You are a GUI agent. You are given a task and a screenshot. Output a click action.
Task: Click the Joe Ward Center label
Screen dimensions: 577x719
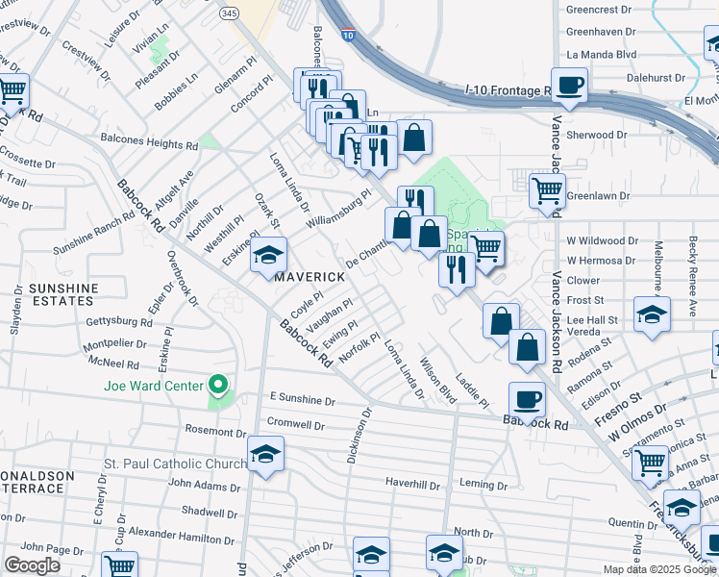154,387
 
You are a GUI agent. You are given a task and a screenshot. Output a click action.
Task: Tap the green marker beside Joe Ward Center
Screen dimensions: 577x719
218,387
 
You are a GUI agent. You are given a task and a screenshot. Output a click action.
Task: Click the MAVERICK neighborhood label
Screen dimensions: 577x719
310,277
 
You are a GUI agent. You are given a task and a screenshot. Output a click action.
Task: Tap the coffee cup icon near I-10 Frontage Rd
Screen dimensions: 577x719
570,84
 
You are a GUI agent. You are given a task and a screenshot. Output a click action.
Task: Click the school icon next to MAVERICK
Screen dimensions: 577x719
268,256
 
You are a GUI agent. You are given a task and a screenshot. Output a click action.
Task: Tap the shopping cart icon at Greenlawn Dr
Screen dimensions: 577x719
547,189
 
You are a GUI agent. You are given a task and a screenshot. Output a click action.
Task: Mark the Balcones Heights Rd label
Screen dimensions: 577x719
149,144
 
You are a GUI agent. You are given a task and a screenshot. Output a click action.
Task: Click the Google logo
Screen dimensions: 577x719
33,565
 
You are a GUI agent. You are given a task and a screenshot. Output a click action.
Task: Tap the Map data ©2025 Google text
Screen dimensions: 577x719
658,569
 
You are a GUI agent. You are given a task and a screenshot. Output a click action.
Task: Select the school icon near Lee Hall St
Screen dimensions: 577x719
652,314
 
